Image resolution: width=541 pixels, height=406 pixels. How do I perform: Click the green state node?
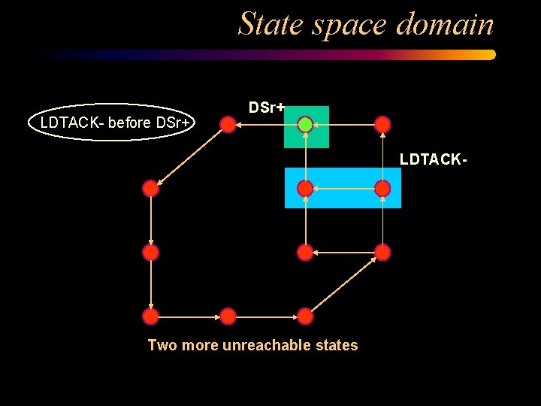[305, 124]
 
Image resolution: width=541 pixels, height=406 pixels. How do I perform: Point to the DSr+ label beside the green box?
[266, 108]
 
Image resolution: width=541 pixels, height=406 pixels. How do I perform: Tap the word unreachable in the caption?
[258, 345]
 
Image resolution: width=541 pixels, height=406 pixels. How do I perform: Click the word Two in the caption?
[162, 345]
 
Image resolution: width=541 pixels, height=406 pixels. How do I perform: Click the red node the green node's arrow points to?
[228, 124]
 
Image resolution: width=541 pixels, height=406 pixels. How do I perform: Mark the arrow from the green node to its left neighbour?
[266, 124]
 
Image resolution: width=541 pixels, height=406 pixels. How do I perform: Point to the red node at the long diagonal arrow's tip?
[382, 252]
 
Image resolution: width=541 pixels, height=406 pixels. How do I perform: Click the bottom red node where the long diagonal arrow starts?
[305, 316]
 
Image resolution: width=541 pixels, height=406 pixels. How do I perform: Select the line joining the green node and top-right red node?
[344, 124]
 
